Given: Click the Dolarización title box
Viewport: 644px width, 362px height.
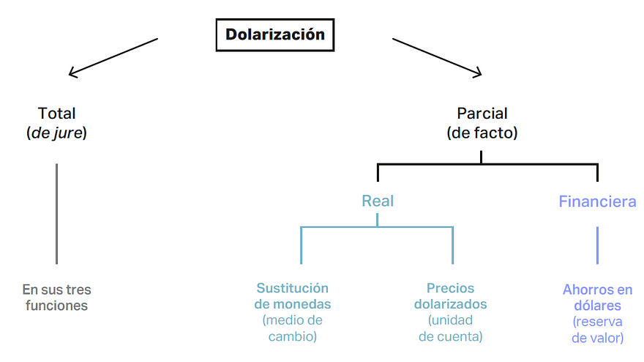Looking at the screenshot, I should (x=274, y=35).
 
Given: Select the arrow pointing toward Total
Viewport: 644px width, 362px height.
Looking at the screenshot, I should (x=113, y=56).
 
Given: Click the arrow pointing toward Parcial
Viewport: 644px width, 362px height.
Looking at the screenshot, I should (x=438, y=56).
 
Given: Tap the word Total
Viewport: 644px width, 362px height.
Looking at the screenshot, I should (x=57, y=114).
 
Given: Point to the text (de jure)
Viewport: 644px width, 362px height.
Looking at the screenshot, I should (x=57, y=133).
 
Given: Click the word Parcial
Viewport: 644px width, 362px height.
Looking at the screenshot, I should (x=482, y=114).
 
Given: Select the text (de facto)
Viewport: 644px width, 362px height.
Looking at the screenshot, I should (x=482, y=133).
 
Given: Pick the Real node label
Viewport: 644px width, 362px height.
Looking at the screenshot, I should (x=378, y=201).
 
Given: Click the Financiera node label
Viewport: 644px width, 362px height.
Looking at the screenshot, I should (x=597, y=201).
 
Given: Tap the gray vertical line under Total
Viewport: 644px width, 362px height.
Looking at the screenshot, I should (x=57, y=213).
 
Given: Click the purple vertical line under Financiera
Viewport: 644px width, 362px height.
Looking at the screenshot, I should (x=597, y=245).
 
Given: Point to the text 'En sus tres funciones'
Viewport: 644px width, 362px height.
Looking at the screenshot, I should (x=57, y=298).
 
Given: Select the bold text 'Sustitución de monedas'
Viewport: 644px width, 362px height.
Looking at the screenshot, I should (x=292, y=296).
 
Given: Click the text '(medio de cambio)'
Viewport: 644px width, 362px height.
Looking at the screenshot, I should (x=292, y=328).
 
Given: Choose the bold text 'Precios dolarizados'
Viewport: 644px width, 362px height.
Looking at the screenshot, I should (x=450, y=296).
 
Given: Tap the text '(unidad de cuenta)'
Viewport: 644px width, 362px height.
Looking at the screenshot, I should (x=450, y=328).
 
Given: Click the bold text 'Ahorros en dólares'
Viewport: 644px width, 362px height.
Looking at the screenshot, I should (x=597, y=298).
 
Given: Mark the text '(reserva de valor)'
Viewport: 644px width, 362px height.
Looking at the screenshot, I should (x=597, y=330).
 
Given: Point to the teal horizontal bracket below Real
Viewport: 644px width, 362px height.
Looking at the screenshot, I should (x=377, y=228).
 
